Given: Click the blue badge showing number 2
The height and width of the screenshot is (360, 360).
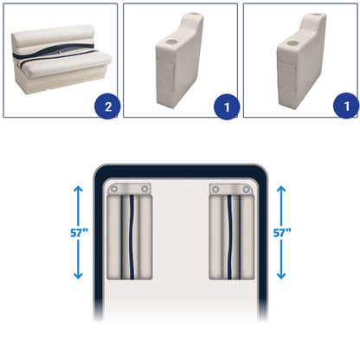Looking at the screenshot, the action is (107, 106).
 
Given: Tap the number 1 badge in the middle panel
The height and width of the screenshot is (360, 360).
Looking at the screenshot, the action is (227, 107).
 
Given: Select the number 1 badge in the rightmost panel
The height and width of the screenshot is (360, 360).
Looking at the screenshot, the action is (346, 106).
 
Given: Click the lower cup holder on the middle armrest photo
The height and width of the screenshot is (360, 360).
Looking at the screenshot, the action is (170, 42).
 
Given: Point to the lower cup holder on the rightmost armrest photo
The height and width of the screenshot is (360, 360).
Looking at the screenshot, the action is (292, 43).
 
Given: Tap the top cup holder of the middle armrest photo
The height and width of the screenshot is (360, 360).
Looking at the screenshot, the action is (193, 14).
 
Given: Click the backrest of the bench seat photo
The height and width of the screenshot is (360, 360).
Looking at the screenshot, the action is (54, 41).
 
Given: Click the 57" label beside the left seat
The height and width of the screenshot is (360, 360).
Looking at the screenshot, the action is (79, 233).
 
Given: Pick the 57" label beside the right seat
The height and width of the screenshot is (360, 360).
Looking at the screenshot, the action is (282, 233).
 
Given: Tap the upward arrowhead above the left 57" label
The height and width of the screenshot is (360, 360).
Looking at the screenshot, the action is (78, 189).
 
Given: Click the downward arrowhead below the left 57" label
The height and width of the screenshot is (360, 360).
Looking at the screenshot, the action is (78, 276).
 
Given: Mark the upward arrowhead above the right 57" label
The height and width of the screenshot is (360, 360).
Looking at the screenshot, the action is (281, 189).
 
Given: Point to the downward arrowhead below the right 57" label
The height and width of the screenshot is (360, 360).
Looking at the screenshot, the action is (281, 276).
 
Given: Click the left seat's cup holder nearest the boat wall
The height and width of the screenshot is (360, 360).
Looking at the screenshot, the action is (114, 190).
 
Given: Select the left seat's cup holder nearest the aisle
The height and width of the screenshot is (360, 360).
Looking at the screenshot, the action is (145, 190).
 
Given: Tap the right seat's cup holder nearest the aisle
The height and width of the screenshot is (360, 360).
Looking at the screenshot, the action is (215, 190).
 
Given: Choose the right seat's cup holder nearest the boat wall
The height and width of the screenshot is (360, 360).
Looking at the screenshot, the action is (246, 190).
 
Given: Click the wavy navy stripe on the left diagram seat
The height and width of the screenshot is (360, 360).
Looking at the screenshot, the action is (132, 237).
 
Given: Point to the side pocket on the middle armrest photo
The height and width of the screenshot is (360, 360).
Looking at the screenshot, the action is (165, 75).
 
